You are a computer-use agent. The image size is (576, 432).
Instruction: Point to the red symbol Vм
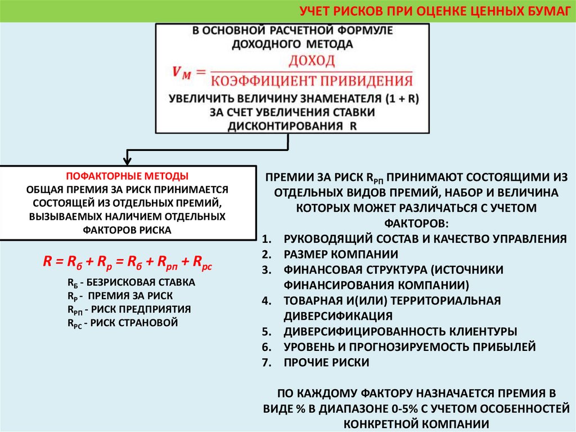point(182,72)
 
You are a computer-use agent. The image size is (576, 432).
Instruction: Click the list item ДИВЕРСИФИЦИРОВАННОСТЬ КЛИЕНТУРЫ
point(400,331)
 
